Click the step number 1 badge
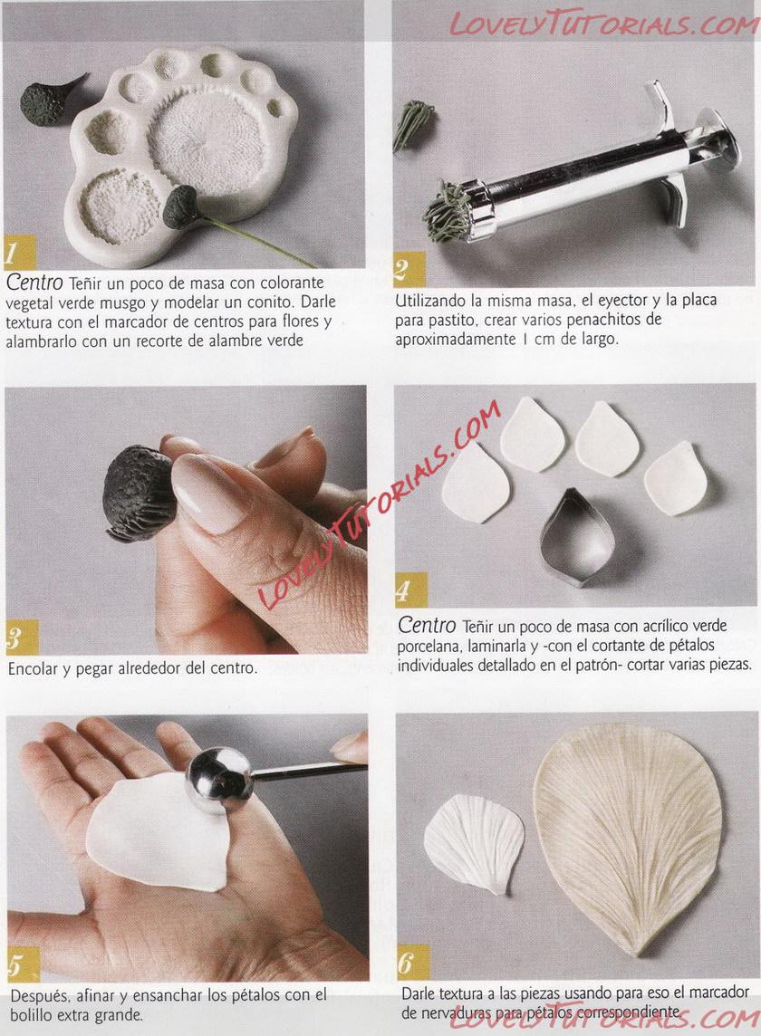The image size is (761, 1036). (x=18, y=251)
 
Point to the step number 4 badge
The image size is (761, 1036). (x=409, y=590)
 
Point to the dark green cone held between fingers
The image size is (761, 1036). (x=139, y=493)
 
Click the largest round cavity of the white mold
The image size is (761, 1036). (x=207, y=137)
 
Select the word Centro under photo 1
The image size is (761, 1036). (x=34, y=283)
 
